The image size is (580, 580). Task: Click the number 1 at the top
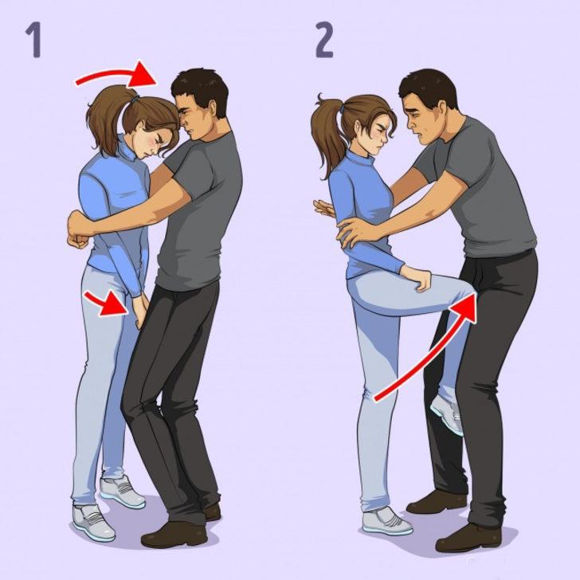pos(33,40)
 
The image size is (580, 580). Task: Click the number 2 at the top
pos(324,40)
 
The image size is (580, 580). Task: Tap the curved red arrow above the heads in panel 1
pos(120,74)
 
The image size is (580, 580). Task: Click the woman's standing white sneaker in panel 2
pos(386,522)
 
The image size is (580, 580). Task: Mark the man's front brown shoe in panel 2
pos(468,538)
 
